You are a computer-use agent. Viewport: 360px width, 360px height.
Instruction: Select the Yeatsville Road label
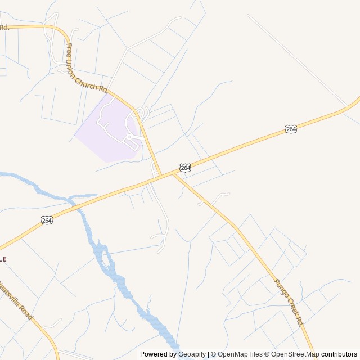point(15,301)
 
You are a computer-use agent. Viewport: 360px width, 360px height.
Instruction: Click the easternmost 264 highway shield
point(291,129)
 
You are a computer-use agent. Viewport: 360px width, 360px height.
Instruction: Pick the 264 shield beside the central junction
point(186,168)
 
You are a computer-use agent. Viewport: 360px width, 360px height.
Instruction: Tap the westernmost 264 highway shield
point(47,220)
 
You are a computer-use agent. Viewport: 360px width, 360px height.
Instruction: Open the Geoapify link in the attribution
point(191,354)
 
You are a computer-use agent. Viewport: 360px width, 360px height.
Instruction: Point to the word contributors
point(339,354)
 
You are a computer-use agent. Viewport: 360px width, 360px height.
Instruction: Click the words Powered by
point(158,354)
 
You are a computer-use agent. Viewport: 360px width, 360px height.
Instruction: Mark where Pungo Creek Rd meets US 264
point(172,174)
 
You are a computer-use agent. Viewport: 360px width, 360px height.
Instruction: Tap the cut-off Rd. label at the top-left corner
point(4,27)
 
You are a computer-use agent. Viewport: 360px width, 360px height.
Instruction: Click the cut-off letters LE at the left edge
point(3,259)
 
